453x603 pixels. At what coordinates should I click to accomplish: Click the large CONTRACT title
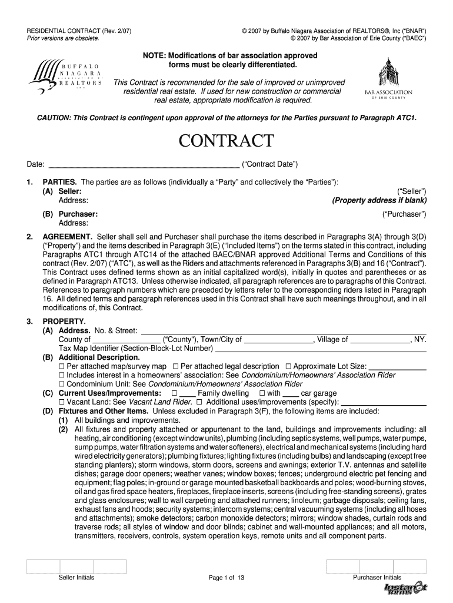pos(226,141)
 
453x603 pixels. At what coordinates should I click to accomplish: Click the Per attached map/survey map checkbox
pos(61,366)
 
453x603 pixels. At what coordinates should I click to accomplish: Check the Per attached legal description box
pos(175,366)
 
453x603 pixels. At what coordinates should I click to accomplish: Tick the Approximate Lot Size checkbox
pos(288,366)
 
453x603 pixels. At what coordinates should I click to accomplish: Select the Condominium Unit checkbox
pos(61,384)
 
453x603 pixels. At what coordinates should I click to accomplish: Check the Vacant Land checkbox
pos(61,402)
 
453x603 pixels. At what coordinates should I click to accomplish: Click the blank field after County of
pos(126,340)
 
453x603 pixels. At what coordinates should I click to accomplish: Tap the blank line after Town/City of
pos(278,340)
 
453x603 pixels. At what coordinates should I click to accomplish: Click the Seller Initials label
pos(76,578)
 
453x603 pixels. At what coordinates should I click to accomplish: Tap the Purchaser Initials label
pos(377,578)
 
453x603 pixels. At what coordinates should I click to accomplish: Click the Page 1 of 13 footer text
pos(226,578)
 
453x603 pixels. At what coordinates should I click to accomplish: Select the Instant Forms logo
pos(405,589)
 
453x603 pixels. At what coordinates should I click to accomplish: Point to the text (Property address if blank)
pos(379,200)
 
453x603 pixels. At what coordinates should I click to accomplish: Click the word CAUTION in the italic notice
pos(51,118)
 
